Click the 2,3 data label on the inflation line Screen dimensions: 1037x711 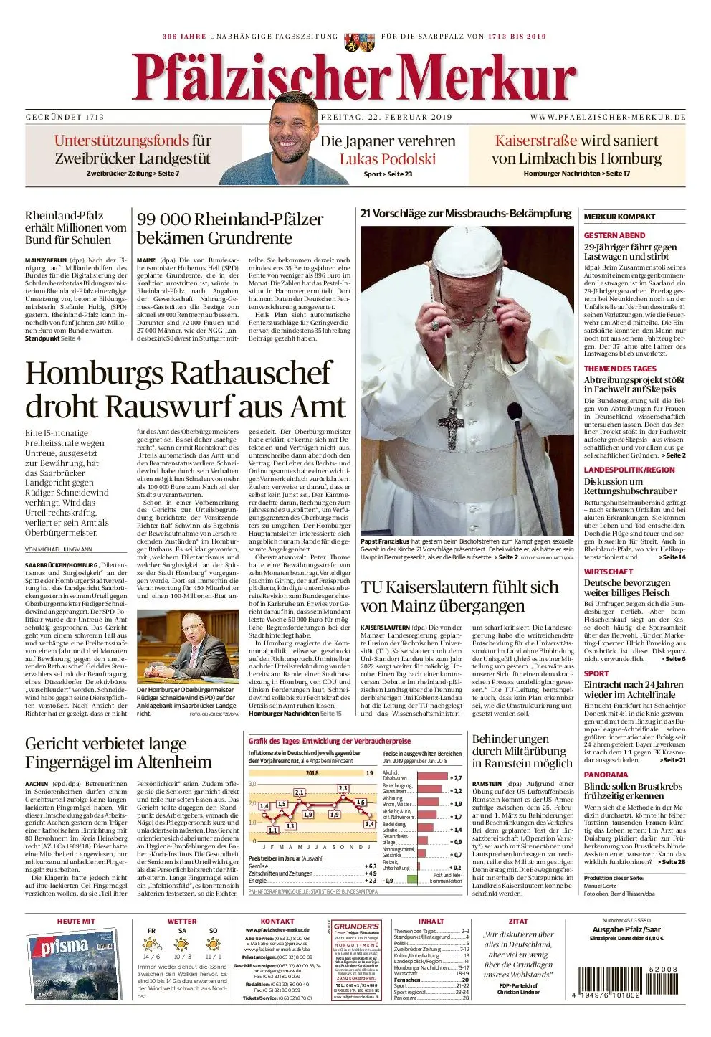[343, 788]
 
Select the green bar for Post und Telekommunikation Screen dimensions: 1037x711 [411, 879]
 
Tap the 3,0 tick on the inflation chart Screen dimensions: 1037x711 [252, 784]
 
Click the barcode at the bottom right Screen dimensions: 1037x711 [624, 983]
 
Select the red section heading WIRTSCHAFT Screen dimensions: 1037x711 [609, 572]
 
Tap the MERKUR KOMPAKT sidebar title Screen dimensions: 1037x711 [619, 217]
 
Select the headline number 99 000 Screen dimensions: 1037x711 [163, 219]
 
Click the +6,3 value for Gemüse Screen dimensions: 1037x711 [371, 866]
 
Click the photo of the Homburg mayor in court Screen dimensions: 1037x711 [188, 646]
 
